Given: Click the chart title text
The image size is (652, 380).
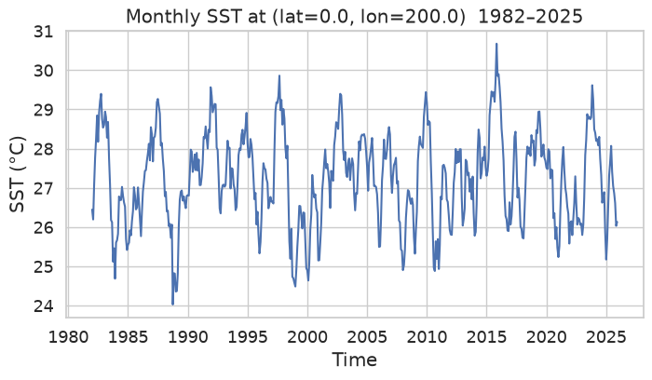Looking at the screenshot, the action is pyautogui.click(x=354, y=17).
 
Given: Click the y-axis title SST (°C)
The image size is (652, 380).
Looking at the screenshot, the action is pyautogui.click(x=18, y=174).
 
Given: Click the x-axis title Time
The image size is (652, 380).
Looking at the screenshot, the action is pyautogui.click(x=354, y=360).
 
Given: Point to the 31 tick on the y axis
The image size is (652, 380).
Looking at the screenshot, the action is pyautogui.click(x=43, y=32).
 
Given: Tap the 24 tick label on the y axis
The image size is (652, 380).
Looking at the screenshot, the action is pyautogui.click(x=43, y=306).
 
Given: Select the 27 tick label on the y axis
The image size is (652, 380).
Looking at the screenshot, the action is pyautogui.click(x=43, y=189).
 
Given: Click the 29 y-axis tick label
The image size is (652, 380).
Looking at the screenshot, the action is pyautogui.click(x=43, y=110).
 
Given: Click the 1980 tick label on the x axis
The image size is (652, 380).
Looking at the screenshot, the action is pyautogui.click(x=68, y=337).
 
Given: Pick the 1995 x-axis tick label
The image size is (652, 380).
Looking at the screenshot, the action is pyautogui.click(x=248, y=337).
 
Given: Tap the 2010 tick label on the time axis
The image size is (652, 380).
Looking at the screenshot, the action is pyautogui.click(x=427, y=337).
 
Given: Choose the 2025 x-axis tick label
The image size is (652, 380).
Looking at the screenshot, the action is pyautogui.click(x=606, y=337).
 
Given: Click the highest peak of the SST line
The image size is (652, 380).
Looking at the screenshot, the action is pyautogui.click(x=496, y=44).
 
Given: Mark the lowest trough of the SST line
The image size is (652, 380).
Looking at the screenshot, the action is pyautogui.click(x=172, y=305).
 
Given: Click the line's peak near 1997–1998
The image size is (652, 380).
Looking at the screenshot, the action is pyautogui.click(x=279, y=75).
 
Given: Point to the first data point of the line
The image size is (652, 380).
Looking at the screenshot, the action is pyautogui.click(x=92, y=210).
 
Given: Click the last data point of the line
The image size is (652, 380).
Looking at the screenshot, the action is pyautogui.click(x=617, y=223).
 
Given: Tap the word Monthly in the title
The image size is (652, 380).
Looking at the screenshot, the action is pyautogui.click(x=156, y=17).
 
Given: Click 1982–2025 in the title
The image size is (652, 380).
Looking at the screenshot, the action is pyautogui.click(x=531, y=17).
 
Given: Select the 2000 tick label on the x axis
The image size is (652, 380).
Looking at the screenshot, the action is pyautogui.click(x=307, y=337).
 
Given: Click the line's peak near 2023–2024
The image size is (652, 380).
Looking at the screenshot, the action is pyautogui.click(x=591, y=86).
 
